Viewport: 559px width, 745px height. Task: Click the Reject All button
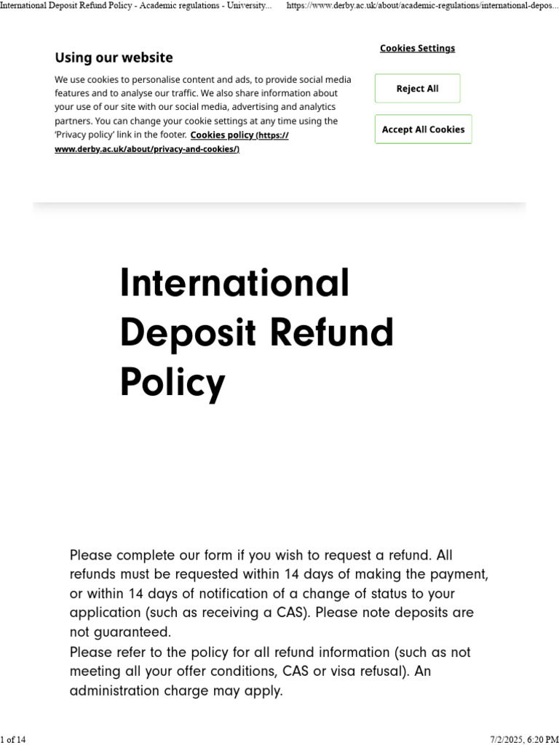pyautogui.click(x=417, y=89)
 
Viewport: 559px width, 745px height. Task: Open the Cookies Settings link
pyautogui.click(x=417, y=48)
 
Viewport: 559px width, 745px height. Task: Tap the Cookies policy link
pyautogui.click(x=221, y=135)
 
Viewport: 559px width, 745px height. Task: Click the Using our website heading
pyautogui.click(x=114, y=57)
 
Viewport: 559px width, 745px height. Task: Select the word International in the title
pyautogui.click(x=234, y=283)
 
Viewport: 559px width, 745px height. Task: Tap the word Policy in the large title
pyautogui.click(x=173, y=382)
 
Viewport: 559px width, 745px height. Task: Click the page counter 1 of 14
pyautogui.click(x=13, y=740)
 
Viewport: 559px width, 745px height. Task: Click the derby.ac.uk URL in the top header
pyautogui.click(x=423, y=6)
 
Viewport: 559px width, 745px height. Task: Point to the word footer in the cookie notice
pyautogui.click(x=170, y=135)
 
